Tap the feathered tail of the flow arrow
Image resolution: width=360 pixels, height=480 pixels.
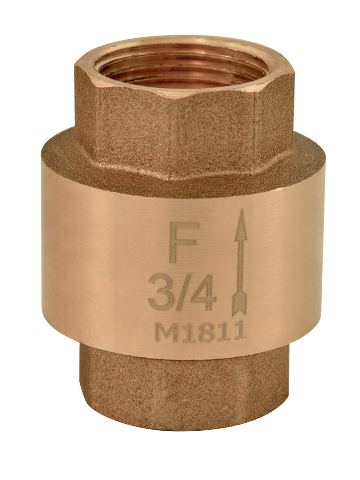click(x=240, y=302)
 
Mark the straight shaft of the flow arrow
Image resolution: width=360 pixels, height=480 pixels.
click(x=241, y=267)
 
